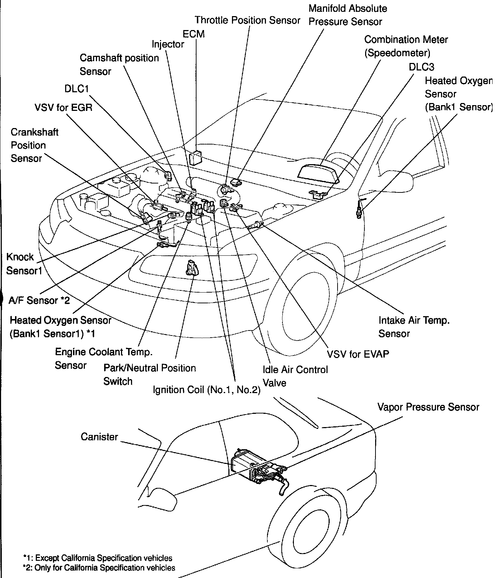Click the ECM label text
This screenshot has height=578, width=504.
click(x=193, y=34)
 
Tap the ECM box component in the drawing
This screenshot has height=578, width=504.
click(x=195, y=157)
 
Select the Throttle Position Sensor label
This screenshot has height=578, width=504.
click(x=247, y=20)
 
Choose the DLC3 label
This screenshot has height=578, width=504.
click(x=421, y=67)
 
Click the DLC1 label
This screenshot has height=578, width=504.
click(x=77, y=89)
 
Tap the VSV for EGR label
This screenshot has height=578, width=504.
click(x=63, y=107)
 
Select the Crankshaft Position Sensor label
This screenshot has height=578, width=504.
click(x=34, y=145)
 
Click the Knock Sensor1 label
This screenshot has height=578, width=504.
click(x=24, y=264)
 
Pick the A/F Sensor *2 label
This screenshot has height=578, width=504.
click(x=39, y=300)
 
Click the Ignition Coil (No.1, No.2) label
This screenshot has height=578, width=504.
click(x=207, y=390)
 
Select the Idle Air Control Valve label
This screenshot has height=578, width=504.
click(x=295, y=376)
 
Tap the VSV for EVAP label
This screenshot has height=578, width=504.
click(x=358, y=354)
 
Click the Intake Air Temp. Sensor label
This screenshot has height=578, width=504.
click(x=413, y=327)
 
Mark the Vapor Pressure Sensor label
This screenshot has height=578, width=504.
click(x=428, y=407)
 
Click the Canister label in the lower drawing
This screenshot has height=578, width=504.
click(x=99, y=437)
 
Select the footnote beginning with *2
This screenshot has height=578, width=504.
click(x=99, y=568)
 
